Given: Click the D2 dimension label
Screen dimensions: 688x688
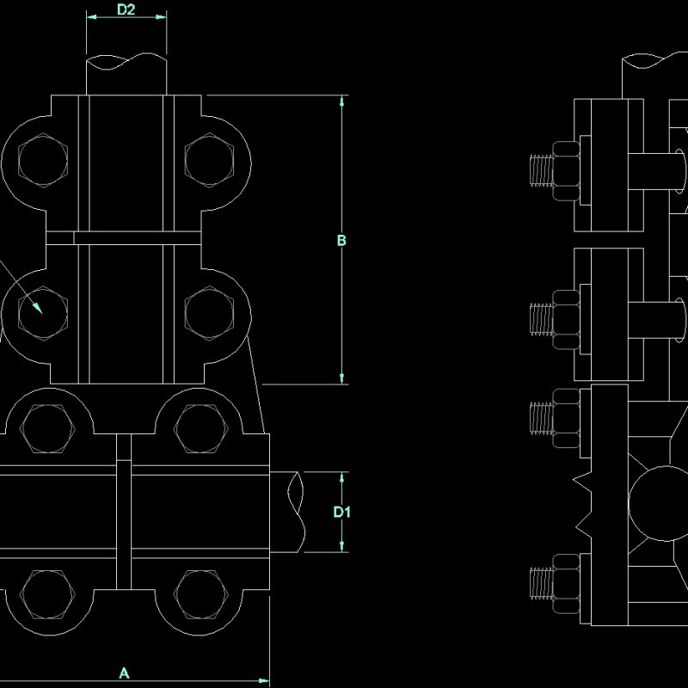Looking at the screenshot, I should (126, 10).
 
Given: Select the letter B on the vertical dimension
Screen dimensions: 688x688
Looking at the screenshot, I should (341, 240).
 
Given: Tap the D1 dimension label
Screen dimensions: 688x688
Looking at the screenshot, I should (341, 512).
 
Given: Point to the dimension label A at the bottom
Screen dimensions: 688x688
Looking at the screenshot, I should (124, 673).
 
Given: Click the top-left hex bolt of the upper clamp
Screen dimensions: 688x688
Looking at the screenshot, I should (42, 162).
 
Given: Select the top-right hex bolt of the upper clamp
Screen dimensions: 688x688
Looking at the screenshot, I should (209, 162).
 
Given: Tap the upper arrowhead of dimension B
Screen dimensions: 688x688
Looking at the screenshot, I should (342, 101).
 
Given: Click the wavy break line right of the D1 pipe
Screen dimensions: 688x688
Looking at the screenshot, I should (298, 512).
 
